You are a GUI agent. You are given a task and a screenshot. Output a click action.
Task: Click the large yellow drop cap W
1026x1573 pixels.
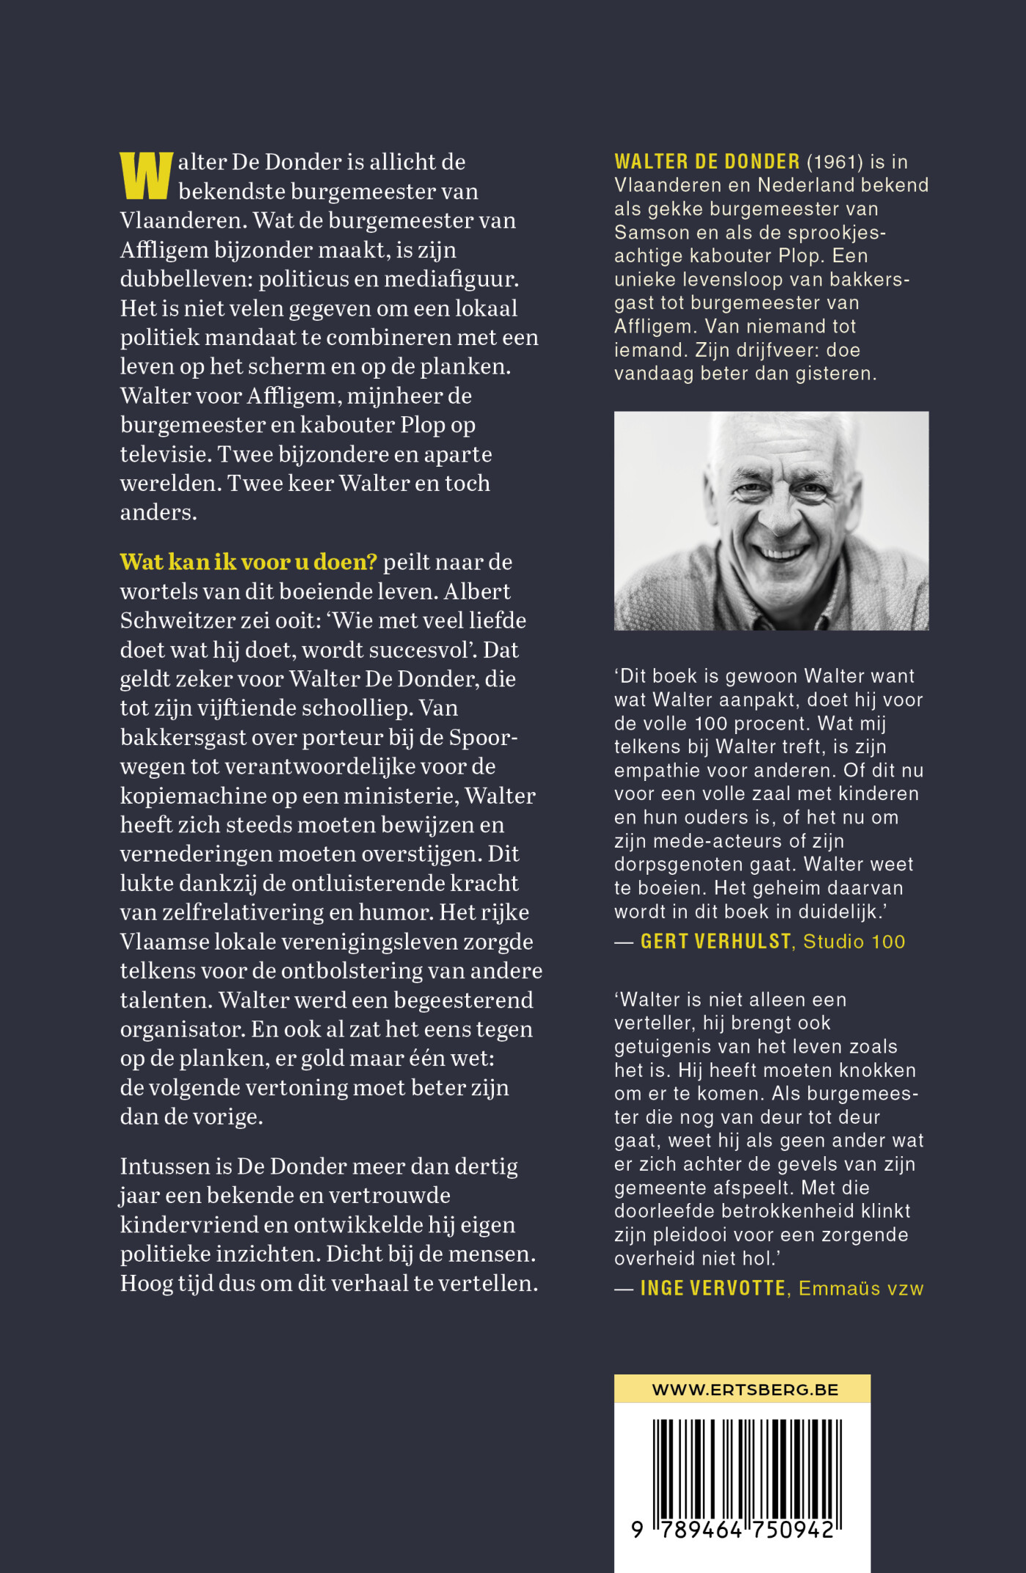tap(147, 176)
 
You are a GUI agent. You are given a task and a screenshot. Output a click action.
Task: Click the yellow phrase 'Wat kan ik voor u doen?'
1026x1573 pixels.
tap(248, 562)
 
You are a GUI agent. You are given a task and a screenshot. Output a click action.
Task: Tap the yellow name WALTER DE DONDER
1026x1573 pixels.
tap(706, 162)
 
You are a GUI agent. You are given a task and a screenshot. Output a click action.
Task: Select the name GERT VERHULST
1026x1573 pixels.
tap(715, 941)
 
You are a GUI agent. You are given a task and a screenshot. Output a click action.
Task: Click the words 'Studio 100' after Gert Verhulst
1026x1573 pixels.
tap(854, 941)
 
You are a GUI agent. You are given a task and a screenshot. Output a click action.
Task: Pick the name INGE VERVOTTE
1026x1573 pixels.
tap(712, 1288)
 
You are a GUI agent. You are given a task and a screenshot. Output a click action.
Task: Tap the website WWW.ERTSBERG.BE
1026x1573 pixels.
tap(745, 1389)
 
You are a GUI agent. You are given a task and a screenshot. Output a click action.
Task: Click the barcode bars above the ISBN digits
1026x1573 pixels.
tap(747, 1468)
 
